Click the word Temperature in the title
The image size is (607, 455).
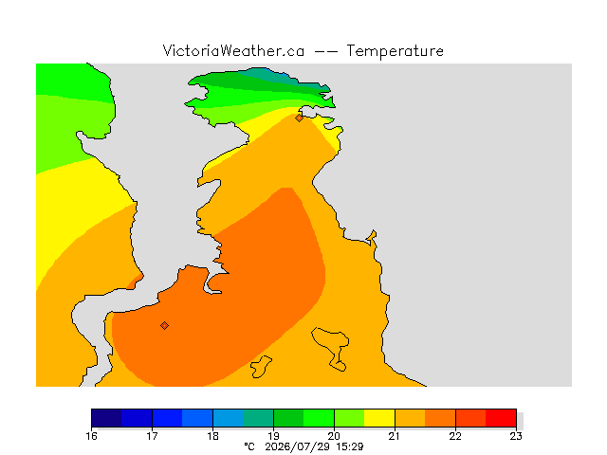pyautogui.click(x=395, y=51)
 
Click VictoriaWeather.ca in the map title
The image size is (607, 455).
pyautogui.click(x=233, y=50)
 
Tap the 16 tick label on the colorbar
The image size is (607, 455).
pyautogui.click(x=92, y=436)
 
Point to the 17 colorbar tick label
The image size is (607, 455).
pyautogui.click(x=152, y=436)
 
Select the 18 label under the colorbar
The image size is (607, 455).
pyautogui.click(x=212, y=436)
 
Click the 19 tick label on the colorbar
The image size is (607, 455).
pyautogui.click(x=274, y=436)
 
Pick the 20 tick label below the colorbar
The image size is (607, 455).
pyautogui.click(x=334, y=436)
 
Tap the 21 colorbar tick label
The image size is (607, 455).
pyautogui.click(x=395, y=436)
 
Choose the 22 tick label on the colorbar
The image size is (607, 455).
pyautogui.click(x=455, y=436)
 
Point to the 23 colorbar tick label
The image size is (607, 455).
pyautogui.click(x=516, y=436)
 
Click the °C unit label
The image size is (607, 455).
pyautogui.click(x=249, y=446)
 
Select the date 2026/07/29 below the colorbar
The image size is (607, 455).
pyautogui.click(x=297, y=447)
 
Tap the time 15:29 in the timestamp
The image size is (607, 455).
pyautogui.click(x=350, y=446)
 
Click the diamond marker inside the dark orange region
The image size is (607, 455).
pyautogui.click(x=164, y=326)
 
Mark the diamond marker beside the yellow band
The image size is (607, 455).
pyautogui.click(x=299, y=118)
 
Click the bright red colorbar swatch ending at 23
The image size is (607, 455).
pyautogui.click(x=501, y=418)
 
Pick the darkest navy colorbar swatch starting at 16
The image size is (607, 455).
pyautogui.click(x=106, y=418)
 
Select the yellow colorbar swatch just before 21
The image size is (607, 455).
pyautogui.click(x=379, y=418)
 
